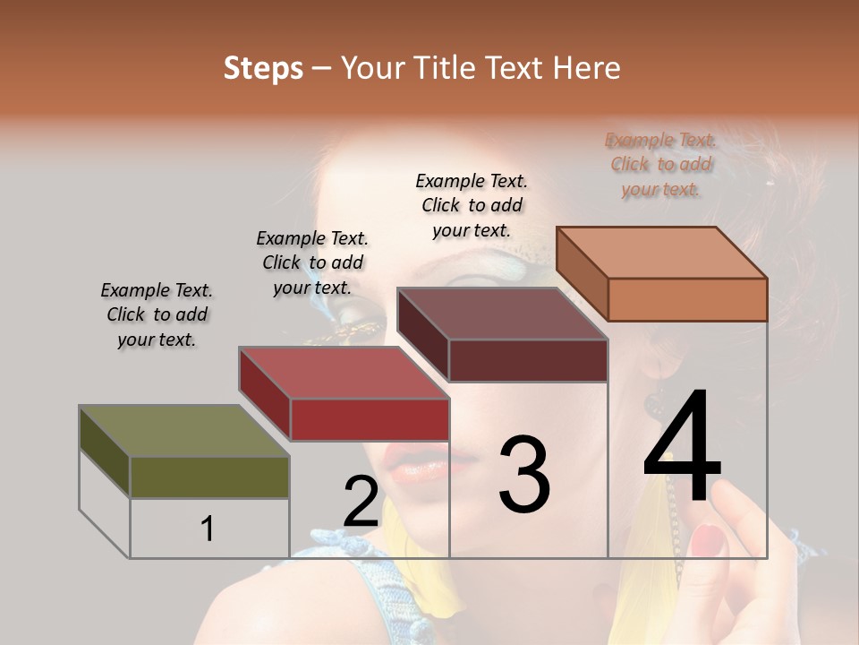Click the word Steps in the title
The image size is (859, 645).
click(x=262, y=69)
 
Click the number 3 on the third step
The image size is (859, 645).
click(x=523, y=475)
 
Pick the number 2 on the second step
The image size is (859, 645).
click(x=361, y=502)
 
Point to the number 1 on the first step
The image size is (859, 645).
click(x=207, y=529)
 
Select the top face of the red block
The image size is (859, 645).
click(x=344, y=373)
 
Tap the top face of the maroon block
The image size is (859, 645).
click(x=502, y=314)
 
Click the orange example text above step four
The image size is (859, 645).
click(x=661, y=164)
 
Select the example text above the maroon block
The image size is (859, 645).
click(x=472, y=205)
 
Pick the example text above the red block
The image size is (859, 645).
click(x=312, y=262)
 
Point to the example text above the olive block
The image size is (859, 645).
click(x=157, y=314)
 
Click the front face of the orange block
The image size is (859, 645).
click(x=687, y=299)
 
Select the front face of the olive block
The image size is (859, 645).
click(x=209, y=477)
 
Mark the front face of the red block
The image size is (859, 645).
click(x=369, y=419)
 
